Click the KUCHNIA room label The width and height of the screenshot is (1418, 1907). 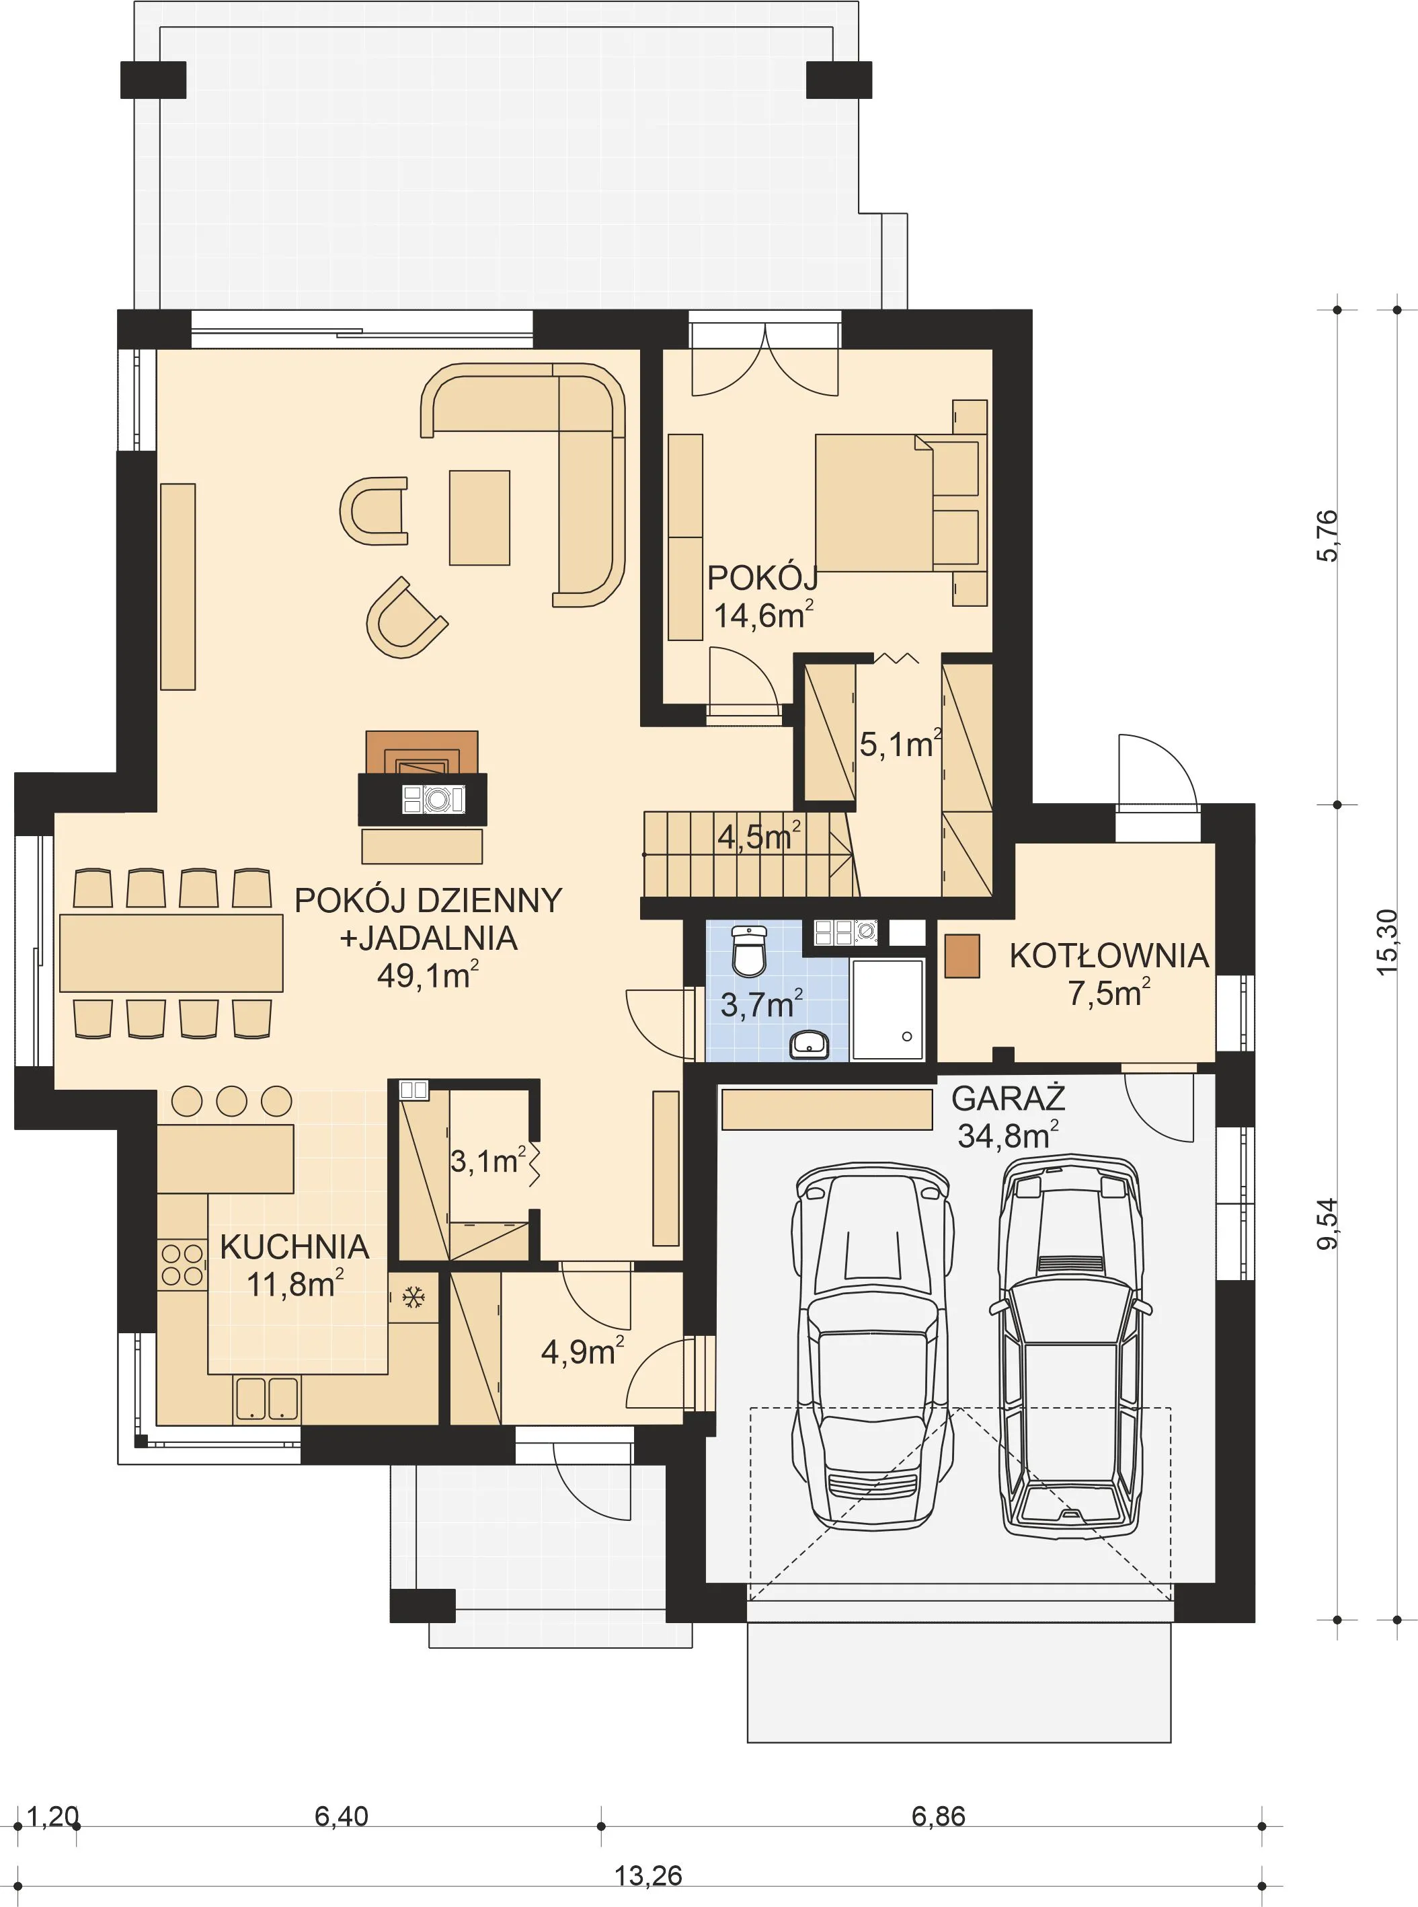coord(294,1246)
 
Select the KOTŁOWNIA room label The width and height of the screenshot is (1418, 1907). coord(1109,956)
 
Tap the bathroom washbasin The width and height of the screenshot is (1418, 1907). coord(809,1045)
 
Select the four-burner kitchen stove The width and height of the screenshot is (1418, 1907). coord(182,1265)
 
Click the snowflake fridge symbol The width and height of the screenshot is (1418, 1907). coord(413,1298)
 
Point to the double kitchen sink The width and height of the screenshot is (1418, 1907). coord(266,1398)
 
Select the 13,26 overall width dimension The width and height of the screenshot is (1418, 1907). coord(648,1869)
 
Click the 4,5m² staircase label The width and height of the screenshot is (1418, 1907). coord(759,835)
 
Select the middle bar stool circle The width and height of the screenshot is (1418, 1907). coord(232,1100)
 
